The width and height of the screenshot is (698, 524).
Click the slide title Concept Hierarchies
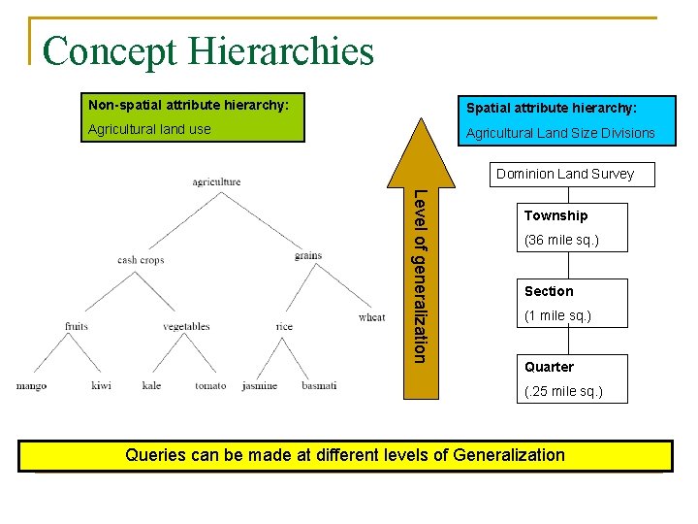tap(207, 51)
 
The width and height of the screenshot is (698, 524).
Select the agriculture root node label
tap(216, 181)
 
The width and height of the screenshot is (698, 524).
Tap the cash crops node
tap(141, 259)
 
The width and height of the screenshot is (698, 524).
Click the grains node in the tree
tap(308, 256)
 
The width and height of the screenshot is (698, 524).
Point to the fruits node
tap(77, 326)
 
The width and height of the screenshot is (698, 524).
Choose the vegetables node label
tap(186, 327)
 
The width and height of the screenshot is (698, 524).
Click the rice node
tap(284, 327)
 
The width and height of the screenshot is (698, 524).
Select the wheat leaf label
tap(371, 317)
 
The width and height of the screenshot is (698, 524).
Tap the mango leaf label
tap(31, 386)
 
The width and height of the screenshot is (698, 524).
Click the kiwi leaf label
tap(101, 386)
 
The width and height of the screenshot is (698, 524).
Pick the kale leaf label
tap(151, 386)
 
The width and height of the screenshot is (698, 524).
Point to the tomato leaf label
tap(209, 386)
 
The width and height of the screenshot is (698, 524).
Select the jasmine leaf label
tap(260, 386)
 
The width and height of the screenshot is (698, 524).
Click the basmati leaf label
tap(319, 386)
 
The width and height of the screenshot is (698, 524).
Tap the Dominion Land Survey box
tap(564, 175)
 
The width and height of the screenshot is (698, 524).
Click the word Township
tap(555, 215)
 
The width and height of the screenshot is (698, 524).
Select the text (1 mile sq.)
tap(557, 316)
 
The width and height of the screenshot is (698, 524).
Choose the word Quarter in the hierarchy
tap(549, 367)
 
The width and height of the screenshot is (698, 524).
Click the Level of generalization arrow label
tap(419, 276)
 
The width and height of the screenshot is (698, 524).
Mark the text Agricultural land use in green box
tap(149, 129)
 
